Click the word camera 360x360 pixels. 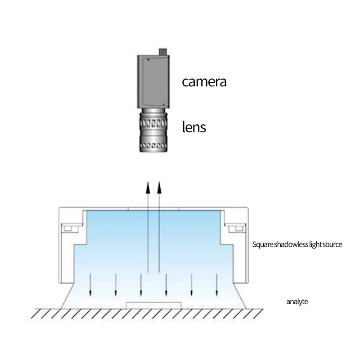click(x=204, y=82)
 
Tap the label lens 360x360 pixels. click(x=194, y=127)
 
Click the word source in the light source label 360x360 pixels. click(x=332, y=245)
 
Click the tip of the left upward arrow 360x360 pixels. click(x=148, y=183)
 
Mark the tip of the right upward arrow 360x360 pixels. click(x=159, y=183)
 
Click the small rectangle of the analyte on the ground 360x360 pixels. click(x=154, y=306)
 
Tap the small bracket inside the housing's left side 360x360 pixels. click(x=68, y=229)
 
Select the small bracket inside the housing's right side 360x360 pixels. click(x=235, y=229)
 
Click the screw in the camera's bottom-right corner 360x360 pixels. click(x=164, y=105)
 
